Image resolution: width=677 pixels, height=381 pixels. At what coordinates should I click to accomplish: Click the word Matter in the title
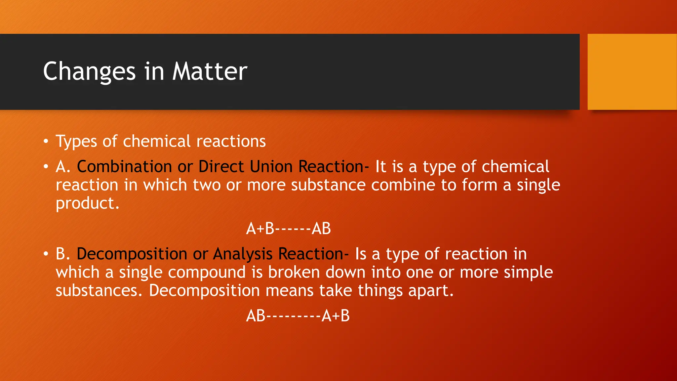point(210,71)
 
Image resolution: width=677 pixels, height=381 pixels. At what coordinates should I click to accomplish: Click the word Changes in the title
point(89,71)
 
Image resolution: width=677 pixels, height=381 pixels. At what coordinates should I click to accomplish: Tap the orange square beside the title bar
point(632,72)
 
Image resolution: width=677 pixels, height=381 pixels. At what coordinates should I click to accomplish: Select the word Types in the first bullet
point(76,142)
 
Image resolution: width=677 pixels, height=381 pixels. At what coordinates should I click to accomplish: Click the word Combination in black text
point(124,166)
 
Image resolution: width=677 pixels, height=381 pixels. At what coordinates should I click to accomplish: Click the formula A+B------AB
point(288,229)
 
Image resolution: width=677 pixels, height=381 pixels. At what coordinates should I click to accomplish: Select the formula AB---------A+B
point(298,316)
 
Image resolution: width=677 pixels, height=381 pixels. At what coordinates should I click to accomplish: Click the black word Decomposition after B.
point(132,254)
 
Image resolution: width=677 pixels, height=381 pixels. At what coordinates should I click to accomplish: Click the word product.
point(87,203)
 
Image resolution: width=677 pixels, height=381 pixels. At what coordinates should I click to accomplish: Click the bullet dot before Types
point(46,142)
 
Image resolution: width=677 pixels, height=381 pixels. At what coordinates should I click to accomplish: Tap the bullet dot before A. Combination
point(46,167)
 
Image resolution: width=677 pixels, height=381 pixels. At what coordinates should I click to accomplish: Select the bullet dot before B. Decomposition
point(46,254)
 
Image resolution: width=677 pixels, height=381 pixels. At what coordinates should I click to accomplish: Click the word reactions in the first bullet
point(231,142)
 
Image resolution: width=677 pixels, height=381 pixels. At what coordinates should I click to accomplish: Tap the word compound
point(207,272)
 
